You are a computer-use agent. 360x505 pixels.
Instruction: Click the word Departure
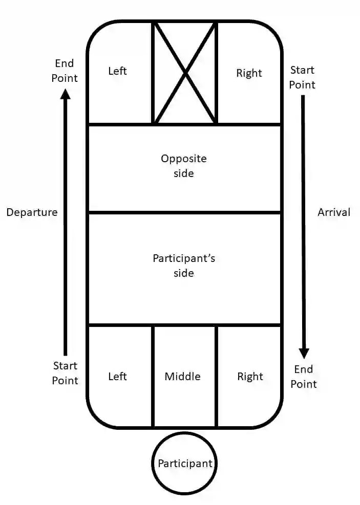[32, 212]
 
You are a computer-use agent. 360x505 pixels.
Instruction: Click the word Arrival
[334, 212]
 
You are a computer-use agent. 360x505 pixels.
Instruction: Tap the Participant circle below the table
[184, 464]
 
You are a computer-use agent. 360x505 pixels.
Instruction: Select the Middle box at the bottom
[183, 377]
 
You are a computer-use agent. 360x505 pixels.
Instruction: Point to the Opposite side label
[184, 166]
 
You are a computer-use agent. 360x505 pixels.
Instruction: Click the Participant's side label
[184, 265]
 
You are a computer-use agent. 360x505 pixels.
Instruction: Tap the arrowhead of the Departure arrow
[65, 94]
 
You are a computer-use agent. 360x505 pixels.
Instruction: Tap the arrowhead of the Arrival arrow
[304, 353]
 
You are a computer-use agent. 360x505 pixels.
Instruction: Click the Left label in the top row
[117, 71]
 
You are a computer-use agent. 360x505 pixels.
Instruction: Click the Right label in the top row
[249, 73]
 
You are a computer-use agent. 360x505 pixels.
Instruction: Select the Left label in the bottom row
[117, 377]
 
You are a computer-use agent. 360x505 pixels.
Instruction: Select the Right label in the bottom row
[250, 377]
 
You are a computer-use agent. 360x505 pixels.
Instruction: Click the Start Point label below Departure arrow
[65, 373]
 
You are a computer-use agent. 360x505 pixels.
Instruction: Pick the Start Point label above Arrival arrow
[302, 77]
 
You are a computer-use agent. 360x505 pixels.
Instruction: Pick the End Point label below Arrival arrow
[304, 377]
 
